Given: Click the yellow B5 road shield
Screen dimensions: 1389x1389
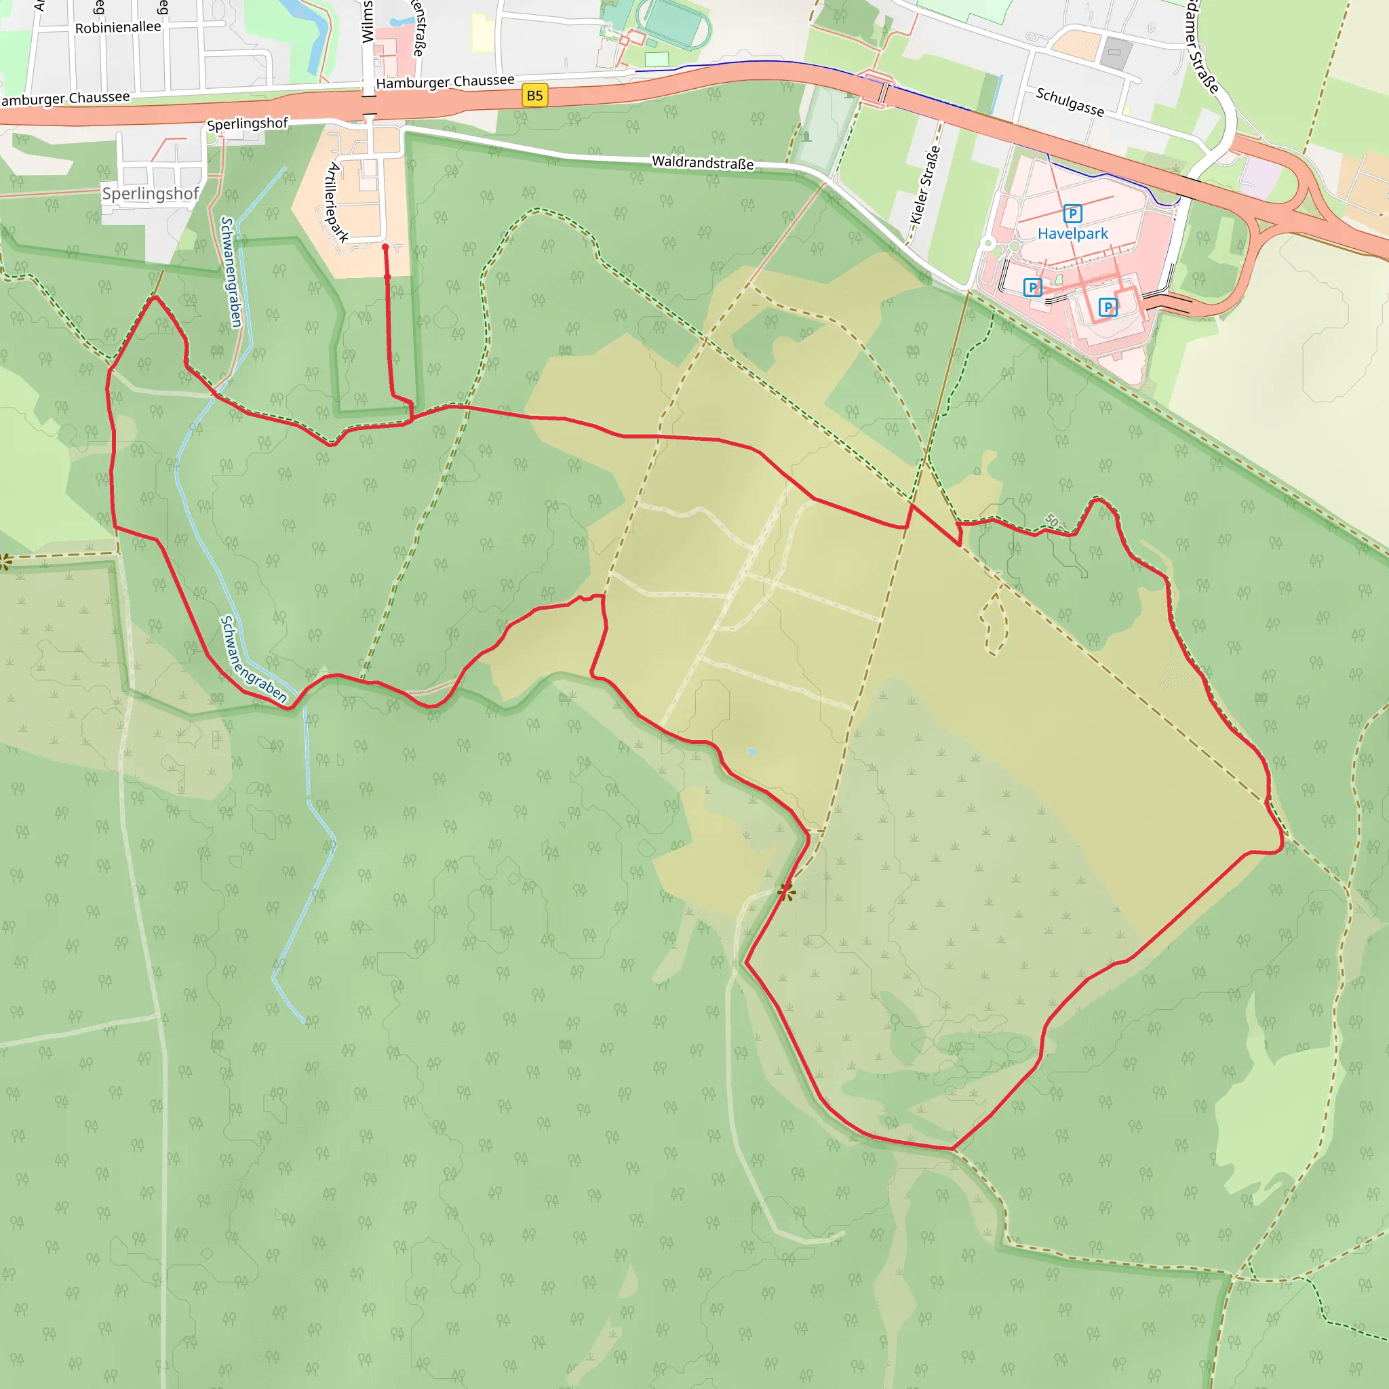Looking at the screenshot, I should click(x=534, y=96).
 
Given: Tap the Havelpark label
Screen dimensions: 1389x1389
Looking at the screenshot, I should click(x=1072, y=234).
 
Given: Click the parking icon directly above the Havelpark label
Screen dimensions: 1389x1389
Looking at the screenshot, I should click(x=1072, y=214).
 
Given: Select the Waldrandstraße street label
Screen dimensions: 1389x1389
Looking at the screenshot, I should click(x=703, y=163).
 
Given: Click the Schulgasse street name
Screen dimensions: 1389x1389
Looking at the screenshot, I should click(x=1069, y=101).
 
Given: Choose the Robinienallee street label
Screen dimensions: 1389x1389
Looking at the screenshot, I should click(x=118, y=27).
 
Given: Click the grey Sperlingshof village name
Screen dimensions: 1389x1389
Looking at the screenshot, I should click(x=151, y=193).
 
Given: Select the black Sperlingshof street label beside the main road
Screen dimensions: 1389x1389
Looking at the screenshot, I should click(x=248, y=123).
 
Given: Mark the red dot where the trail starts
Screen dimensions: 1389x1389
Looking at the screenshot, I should click(x=385, y=248).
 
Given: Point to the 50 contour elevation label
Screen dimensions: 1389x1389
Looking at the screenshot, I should click(x=1052, y=520).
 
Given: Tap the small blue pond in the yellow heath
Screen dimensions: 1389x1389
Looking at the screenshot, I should click(x=752, y=751).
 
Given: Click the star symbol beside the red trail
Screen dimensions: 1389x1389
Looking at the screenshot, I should click(x=787, y=893).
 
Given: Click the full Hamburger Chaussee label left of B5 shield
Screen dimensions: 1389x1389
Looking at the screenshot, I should click(x=445, y=81).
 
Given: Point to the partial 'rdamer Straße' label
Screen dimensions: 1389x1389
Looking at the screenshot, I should click(x=1202, y=47).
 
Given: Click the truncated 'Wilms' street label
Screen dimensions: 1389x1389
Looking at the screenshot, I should click(x=368, y=22).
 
